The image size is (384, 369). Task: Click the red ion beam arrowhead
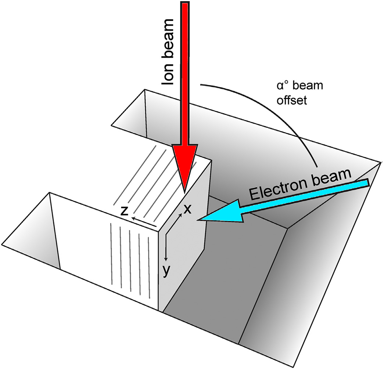click(185, 165)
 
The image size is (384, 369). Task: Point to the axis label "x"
click(187, 209)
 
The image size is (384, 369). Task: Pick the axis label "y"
click(166, 271)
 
